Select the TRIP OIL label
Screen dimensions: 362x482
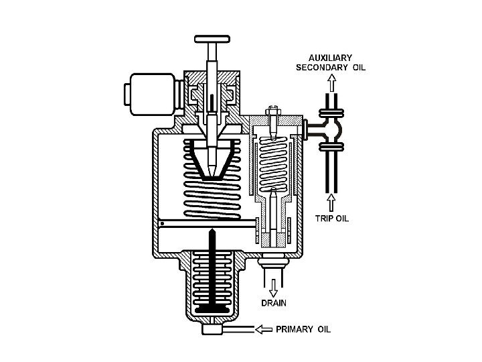[332, 218]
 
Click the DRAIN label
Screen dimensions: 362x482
[273, 303]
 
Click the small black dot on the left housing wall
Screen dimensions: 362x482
[162, 223]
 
